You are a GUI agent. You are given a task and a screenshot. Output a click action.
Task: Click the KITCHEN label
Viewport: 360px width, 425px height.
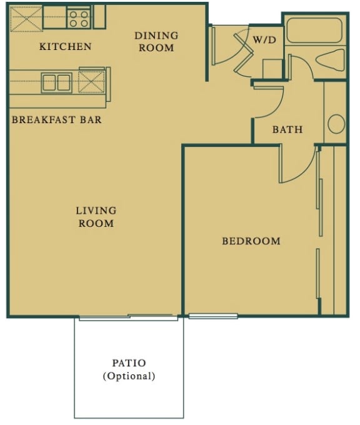(x=65, y=46)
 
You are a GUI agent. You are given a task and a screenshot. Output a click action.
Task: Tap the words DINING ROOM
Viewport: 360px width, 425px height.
(x=156, y=41)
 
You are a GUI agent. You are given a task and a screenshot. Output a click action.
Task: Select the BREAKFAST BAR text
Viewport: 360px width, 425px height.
(x=56, y=119)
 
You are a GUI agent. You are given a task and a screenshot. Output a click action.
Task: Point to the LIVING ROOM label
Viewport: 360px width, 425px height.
(x=96, y=217)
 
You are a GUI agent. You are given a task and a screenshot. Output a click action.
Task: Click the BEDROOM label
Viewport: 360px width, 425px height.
(x=251, y=241)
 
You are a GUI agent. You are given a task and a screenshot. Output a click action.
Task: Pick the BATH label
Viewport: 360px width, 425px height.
(x=287, y=130)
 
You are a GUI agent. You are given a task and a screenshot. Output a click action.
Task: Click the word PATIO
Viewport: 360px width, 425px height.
(x=129, y=362)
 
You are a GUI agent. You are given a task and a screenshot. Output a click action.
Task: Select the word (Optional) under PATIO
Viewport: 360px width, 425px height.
(x=129, y=376)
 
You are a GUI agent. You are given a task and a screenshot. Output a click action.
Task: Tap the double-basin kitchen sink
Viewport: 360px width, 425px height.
(x=57, y=82)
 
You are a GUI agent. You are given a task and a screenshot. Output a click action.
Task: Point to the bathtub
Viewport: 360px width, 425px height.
(x=314, y=31)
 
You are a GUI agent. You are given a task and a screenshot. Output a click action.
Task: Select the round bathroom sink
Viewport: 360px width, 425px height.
(x=336, y=124)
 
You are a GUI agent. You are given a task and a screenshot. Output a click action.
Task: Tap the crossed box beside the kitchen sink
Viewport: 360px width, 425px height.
(x=92, y=82)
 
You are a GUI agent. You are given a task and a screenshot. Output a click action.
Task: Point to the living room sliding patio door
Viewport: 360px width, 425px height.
(x=128, y=316)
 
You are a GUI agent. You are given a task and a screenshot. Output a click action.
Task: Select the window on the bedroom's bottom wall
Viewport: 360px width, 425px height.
(x=212, y=316)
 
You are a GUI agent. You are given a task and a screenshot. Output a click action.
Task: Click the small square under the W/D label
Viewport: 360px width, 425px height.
(x=272, y=67)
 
